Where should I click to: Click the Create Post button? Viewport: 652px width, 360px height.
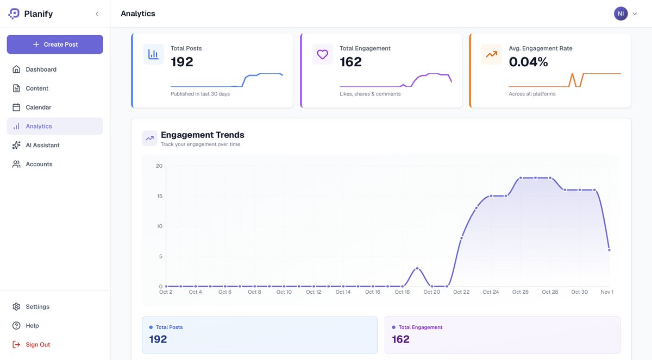point(55,45)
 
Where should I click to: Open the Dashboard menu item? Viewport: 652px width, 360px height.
point(41,70)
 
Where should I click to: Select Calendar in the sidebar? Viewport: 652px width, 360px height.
point(38,108)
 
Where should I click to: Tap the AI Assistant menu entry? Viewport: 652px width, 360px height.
point(42,145)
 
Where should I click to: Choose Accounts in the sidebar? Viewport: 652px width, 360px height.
point(39,164)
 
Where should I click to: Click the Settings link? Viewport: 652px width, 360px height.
point(37,307)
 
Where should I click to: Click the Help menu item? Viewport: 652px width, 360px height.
point(32,326)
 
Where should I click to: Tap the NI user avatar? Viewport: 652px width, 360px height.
point(620,14)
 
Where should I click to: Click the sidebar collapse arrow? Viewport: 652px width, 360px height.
point(97,14)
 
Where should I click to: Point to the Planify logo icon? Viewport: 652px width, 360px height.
point(14,14)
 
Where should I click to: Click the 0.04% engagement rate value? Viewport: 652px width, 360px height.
point(528,62)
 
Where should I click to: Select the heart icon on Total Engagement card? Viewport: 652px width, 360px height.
point(322,54)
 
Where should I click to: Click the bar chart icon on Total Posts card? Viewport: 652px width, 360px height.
point(153,54)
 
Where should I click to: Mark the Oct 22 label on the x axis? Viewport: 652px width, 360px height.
point(461,292)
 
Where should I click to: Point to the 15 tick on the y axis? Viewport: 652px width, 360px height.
point(159,196)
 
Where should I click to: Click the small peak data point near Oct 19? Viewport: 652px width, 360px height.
point(417,268)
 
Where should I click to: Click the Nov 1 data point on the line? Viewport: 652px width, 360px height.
point(609,250)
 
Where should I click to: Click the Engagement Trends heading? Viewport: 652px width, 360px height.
point(202,135)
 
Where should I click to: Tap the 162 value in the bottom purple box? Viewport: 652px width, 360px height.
point(400,339)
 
